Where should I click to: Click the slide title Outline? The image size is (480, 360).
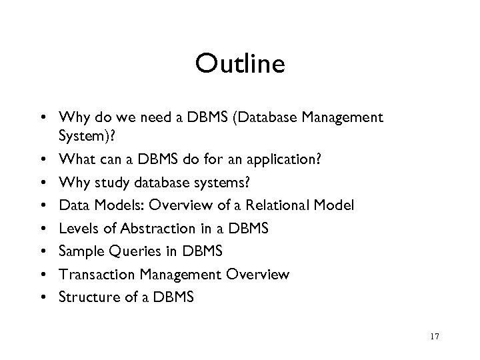[240, 65]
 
